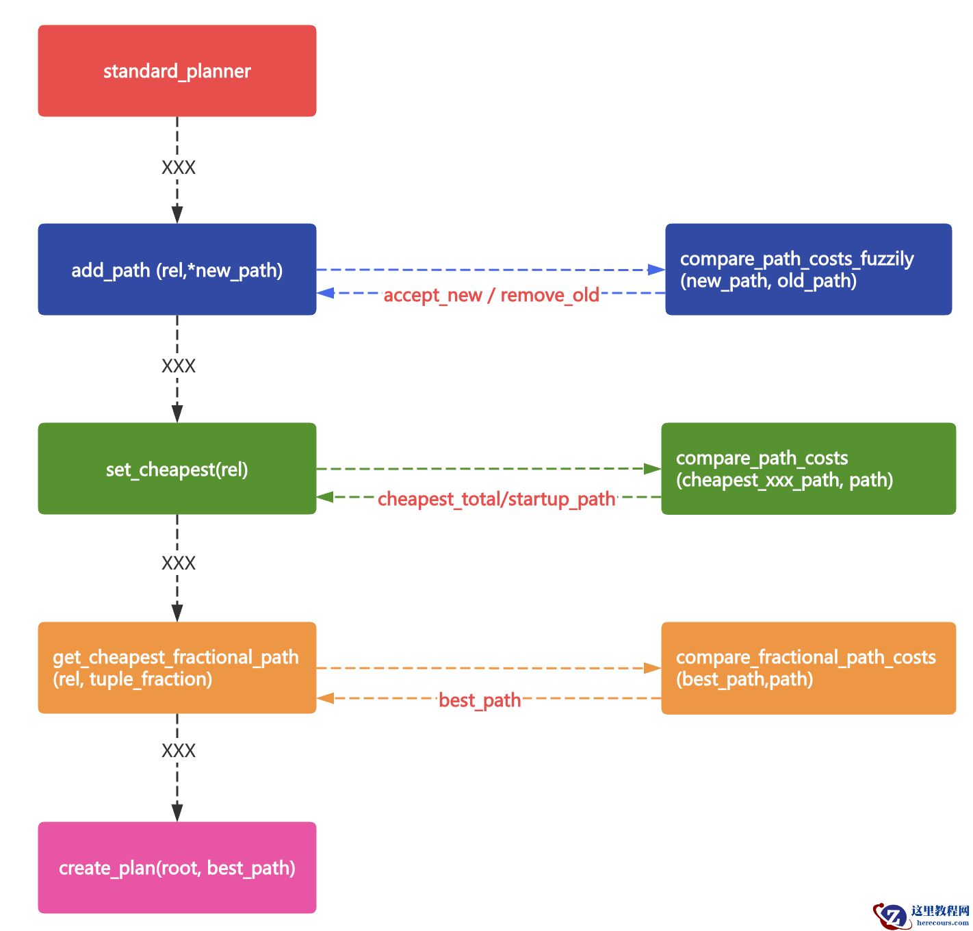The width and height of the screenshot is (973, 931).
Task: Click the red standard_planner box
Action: point(177,71)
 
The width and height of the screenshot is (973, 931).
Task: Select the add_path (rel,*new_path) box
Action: point(177,270)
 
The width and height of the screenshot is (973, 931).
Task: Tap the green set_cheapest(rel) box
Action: point(177,469)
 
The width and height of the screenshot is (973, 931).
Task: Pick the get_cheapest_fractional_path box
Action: point(177,667)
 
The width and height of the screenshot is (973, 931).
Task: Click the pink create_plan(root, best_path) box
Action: point(177,867)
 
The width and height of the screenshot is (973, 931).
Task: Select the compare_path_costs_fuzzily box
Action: point(808,269)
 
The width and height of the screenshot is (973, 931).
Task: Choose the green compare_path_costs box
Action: point(808,469)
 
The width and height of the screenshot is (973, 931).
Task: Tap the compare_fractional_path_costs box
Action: point(808,667)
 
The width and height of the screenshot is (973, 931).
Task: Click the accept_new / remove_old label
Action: point(491,295)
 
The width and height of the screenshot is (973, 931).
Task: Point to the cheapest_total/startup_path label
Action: point(497,499)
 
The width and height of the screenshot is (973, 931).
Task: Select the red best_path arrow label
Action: point(480,700)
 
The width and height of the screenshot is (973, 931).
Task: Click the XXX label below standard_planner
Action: point(178,168)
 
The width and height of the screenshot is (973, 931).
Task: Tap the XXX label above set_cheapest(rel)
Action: point(178,366)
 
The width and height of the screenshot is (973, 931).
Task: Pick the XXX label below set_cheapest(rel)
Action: point(178,563)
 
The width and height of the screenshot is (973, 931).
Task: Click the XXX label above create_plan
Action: point(178,751)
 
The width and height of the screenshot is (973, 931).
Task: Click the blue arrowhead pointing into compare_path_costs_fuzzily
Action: point(656,270)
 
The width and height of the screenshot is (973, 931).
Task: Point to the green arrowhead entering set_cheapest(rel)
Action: point(325,497)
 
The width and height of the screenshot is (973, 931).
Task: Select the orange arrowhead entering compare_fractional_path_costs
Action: point(653,668)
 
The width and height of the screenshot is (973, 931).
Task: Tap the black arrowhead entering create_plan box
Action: point(177,813)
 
